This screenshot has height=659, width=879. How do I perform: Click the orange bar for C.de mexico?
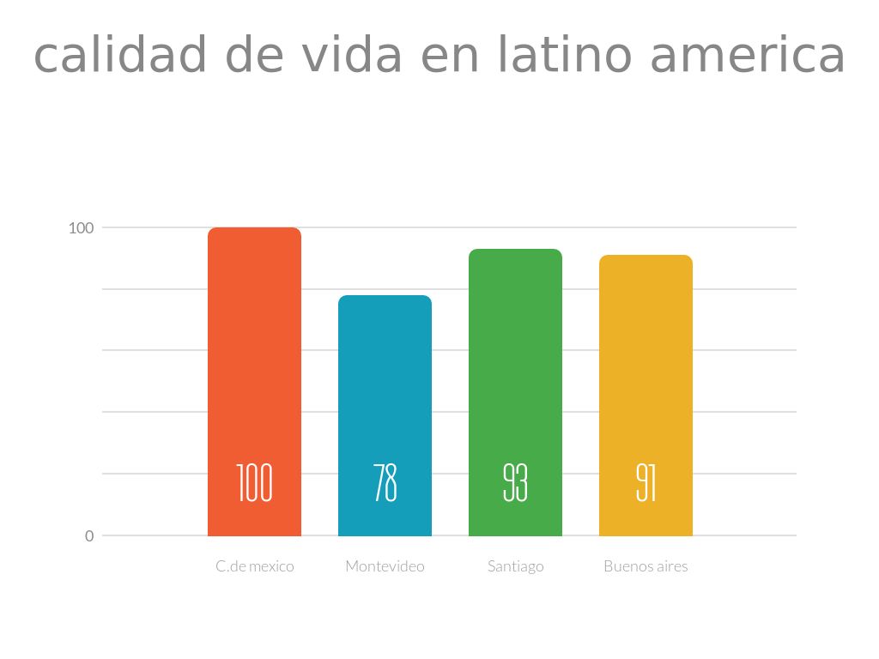254,360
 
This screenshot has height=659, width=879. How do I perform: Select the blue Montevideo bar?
385,386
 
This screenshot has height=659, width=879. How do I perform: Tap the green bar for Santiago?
515,360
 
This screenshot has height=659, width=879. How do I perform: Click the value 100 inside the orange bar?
254,483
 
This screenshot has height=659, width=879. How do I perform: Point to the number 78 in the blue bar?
385,483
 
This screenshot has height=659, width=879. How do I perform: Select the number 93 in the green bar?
515,483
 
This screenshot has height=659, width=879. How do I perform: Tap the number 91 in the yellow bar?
646,483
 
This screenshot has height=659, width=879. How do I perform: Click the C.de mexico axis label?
254,566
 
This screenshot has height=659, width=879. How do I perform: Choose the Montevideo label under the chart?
385,566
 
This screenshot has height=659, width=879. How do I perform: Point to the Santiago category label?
515,566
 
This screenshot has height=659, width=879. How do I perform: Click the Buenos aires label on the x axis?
646,566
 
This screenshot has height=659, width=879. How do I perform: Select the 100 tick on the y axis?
81,228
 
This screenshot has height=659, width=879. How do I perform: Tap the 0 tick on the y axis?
89,536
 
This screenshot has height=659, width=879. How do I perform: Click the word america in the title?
748,55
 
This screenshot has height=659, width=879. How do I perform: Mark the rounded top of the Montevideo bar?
385,298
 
